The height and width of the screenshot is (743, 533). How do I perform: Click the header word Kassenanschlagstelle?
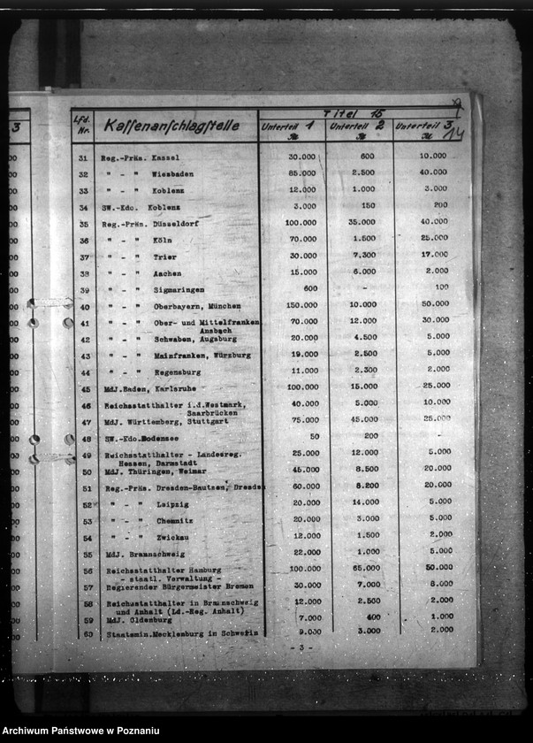[171, 126]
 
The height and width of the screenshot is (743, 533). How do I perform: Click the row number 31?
[84, 158]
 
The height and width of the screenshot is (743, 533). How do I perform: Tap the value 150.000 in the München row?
[302, 305]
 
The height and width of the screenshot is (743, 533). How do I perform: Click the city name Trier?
[165, 257]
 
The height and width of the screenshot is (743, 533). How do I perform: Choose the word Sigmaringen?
[179, 290]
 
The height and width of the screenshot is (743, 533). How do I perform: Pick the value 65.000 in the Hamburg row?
[364, 569]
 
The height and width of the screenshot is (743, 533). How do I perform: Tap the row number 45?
[85, 388]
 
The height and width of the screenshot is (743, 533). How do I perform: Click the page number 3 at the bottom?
[301, 648]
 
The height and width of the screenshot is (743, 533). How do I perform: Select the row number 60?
[88, 633]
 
